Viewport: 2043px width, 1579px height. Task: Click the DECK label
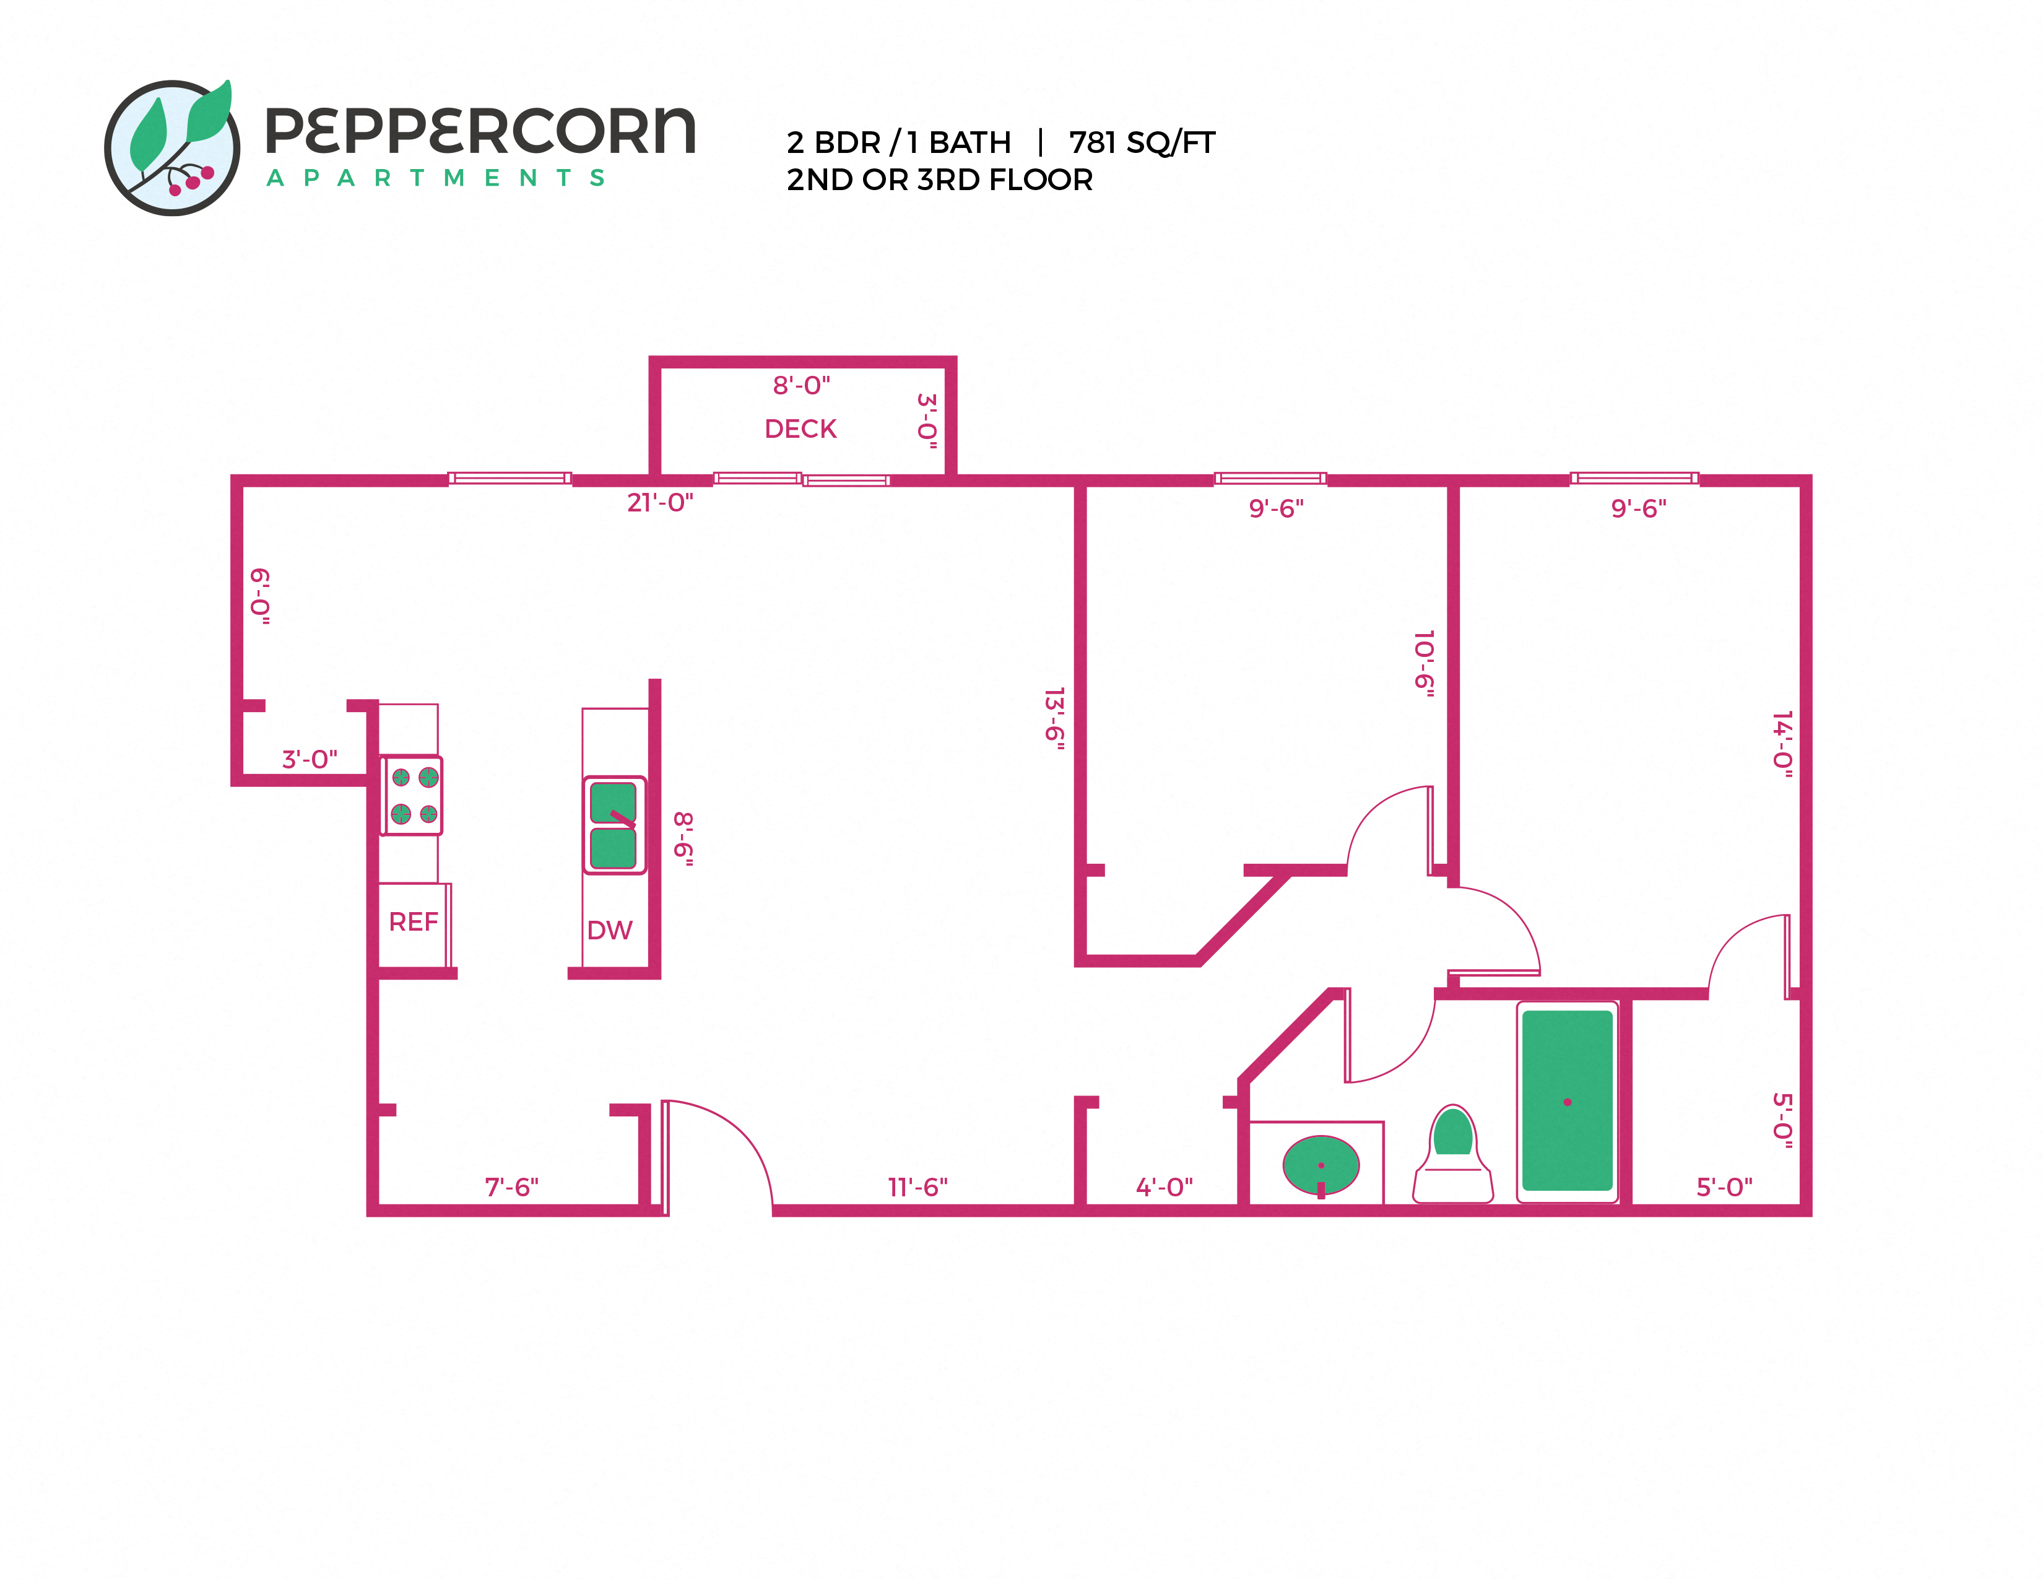(800, 428)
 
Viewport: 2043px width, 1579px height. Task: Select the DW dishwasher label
(609, 930)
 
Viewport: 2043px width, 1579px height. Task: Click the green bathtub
(1567, 1101)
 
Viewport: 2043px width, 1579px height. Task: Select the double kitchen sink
(614, 825)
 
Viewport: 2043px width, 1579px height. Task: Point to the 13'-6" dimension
(1054, 718)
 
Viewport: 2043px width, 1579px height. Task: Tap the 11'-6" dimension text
(917, 1187)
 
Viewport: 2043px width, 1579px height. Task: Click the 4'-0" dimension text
(1164, 1187)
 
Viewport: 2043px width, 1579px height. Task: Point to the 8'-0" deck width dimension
(800, 385)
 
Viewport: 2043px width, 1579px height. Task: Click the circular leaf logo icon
(172, 147)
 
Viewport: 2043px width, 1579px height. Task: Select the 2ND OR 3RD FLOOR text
(939, 180)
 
